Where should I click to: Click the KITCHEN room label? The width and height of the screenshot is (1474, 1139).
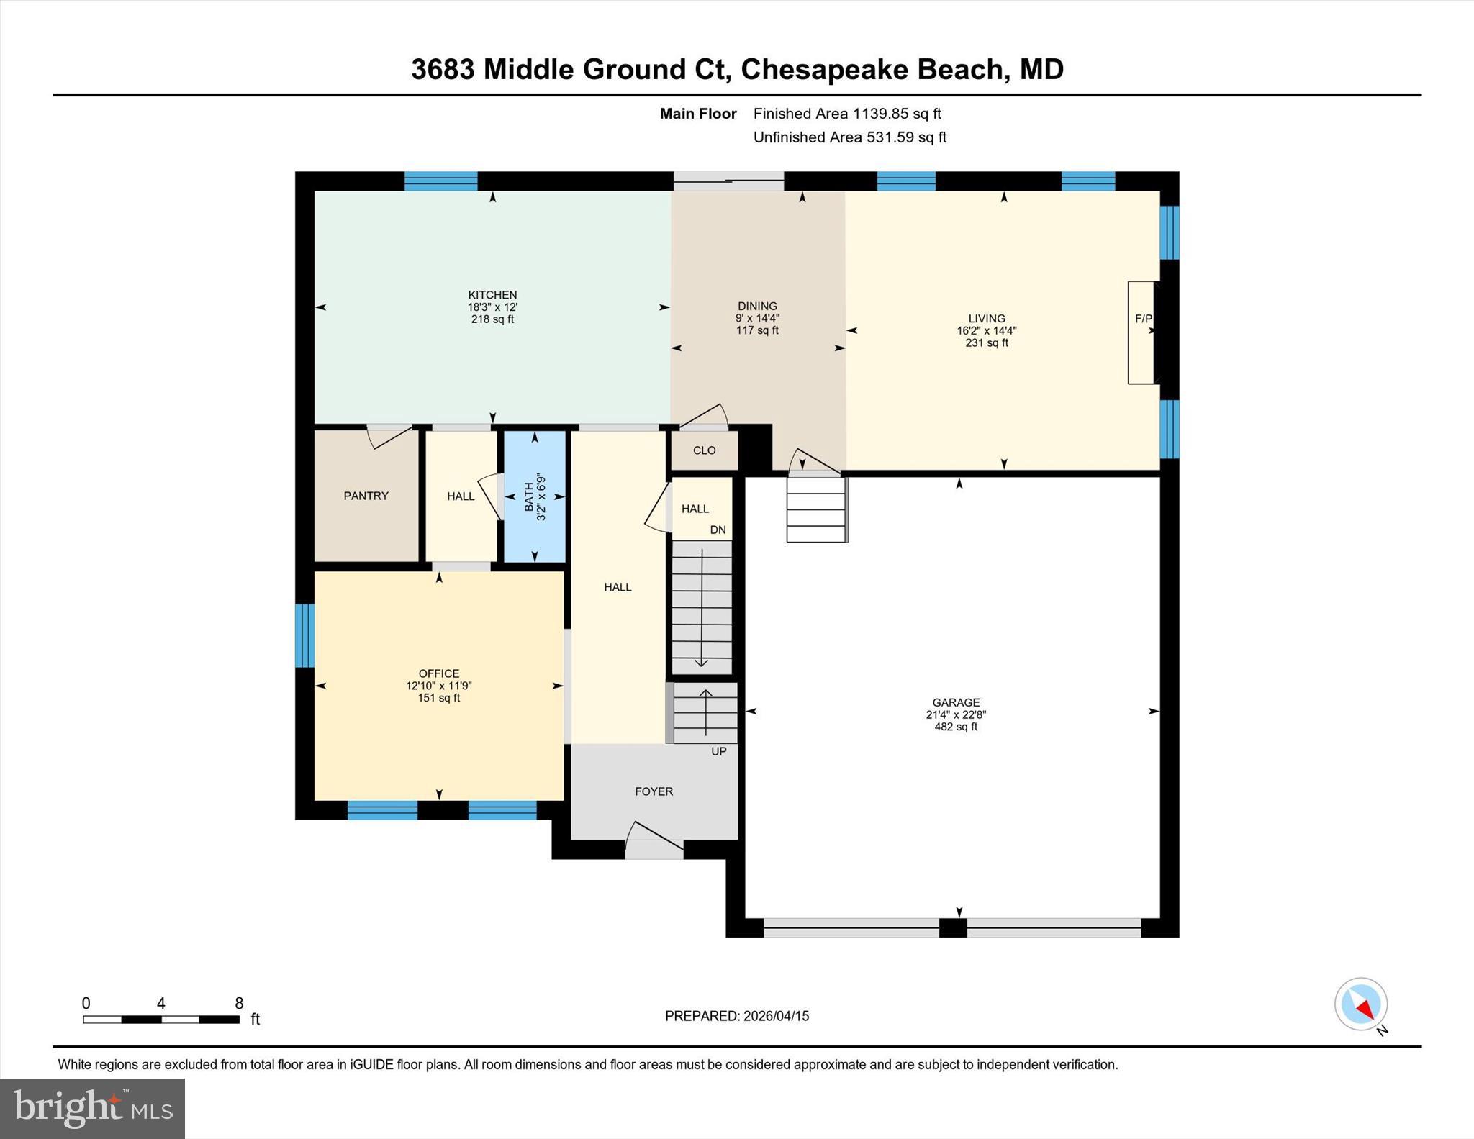[x=492, y=295]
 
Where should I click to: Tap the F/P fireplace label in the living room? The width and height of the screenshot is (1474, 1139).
[x=1143, y=319]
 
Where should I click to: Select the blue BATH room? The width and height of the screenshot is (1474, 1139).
[x=534, y=496]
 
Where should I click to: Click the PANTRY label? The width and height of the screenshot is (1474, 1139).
[x=366, y=496]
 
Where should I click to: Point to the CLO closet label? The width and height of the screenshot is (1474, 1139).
[x=704, y=450]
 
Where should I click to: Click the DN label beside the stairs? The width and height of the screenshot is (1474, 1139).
[x=718, y=530]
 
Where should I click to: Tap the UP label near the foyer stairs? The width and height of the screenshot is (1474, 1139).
[x=718, y=751]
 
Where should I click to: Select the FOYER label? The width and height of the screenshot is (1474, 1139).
[x=654, y=791]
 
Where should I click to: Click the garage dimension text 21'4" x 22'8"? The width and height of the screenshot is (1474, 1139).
[x=955, y=715]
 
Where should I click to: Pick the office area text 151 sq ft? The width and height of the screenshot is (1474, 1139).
[x=438, y=698]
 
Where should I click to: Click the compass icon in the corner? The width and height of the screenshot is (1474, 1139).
[x=1360, y=1004]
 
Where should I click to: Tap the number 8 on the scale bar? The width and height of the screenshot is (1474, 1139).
[x=239, y=1004]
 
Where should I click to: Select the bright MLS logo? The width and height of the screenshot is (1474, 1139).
[x=92, y=1108]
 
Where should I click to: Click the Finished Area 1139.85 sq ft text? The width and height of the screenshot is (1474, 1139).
[x=846, y=114]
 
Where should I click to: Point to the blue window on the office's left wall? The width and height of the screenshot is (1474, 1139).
[x=305, y=635]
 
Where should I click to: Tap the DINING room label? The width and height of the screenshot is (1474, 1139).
[x=757, y=307]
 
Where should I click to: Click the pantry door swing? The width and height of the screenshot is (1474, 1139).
[x=389, y=435]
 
